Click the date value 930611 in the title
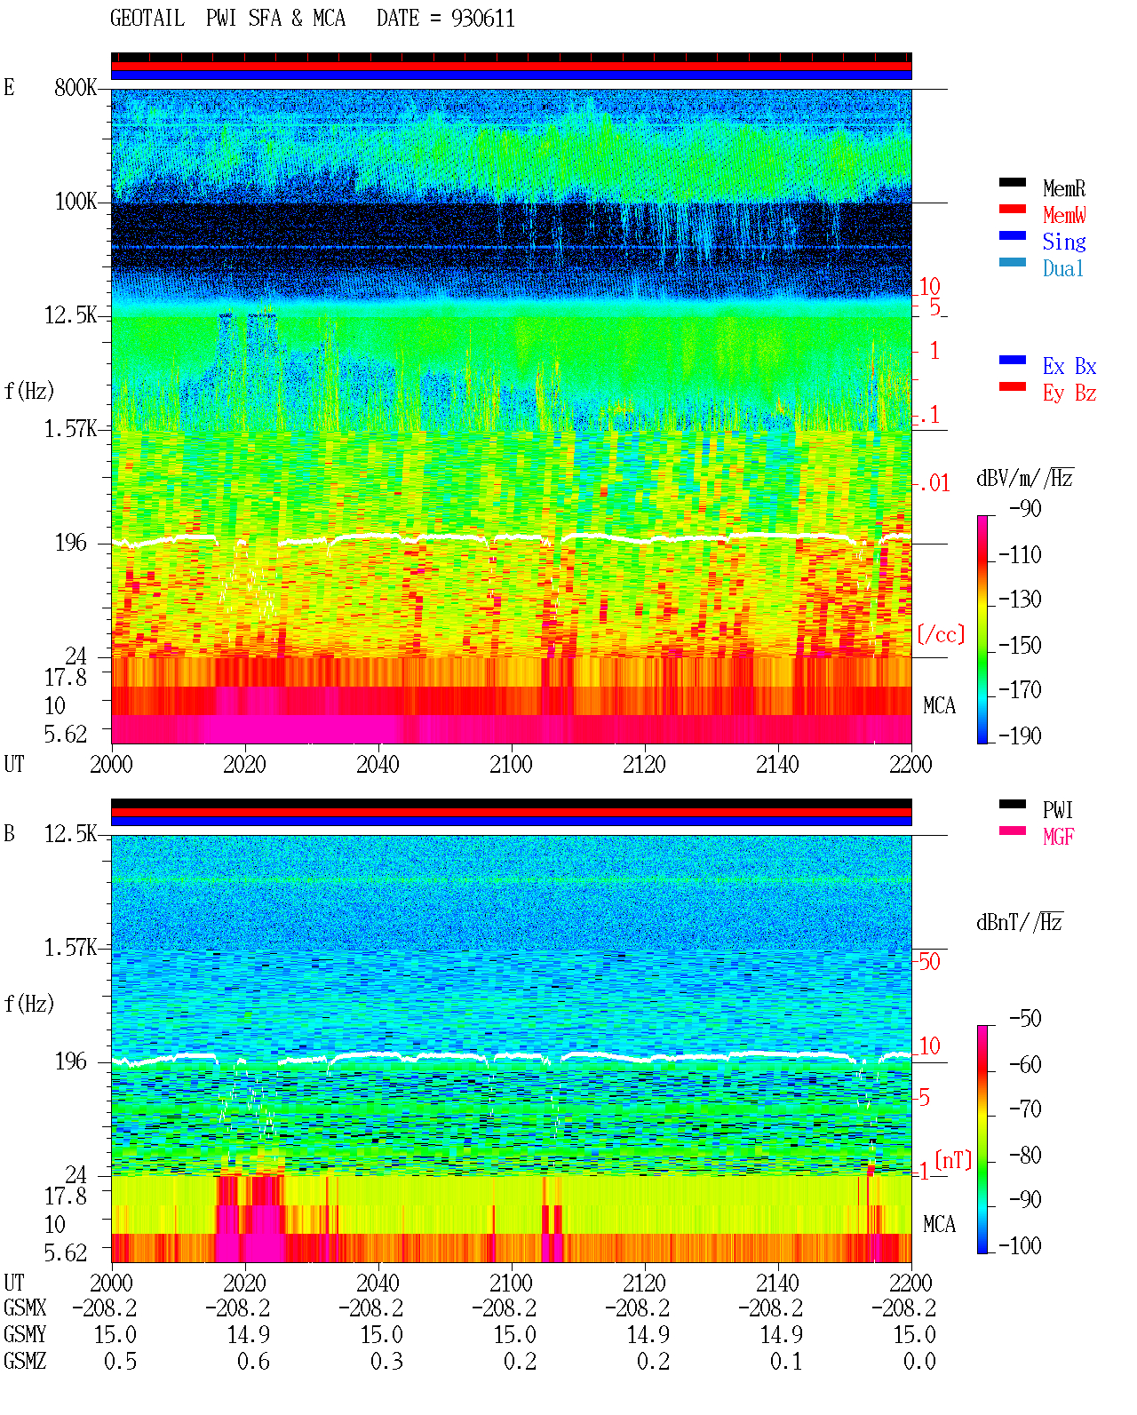click(482, 18)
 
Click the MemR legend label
click(1063, 188)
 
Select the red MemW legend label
click(1063, 214)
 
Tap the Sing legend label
click(1063, 242)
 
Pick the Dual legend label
click(1062, 268)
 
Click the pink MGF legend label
click(1058, 837)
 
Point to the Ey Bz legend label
click(1069, 393)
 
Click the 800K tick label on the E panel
click(75, 87)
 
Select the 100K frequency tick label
click(75, 202)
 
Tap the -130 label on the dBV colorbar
click(1020, 600)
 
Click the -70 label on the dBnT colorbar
click(1025, 1109)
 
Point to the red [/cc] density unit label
click(941, 634)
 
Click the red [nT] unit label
click(953, 1160)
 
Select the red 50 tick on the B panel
click(929, 962)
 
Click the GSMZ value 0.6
click(253, 1361)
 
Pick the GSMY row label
click(25, 1334)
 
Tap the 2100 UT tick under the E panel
click(511, 764)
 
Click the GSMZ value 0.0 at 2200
click(919, 1361)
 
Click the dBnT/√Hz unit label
click(1020, 922)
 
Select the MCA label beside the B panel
click(939, 1224)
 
